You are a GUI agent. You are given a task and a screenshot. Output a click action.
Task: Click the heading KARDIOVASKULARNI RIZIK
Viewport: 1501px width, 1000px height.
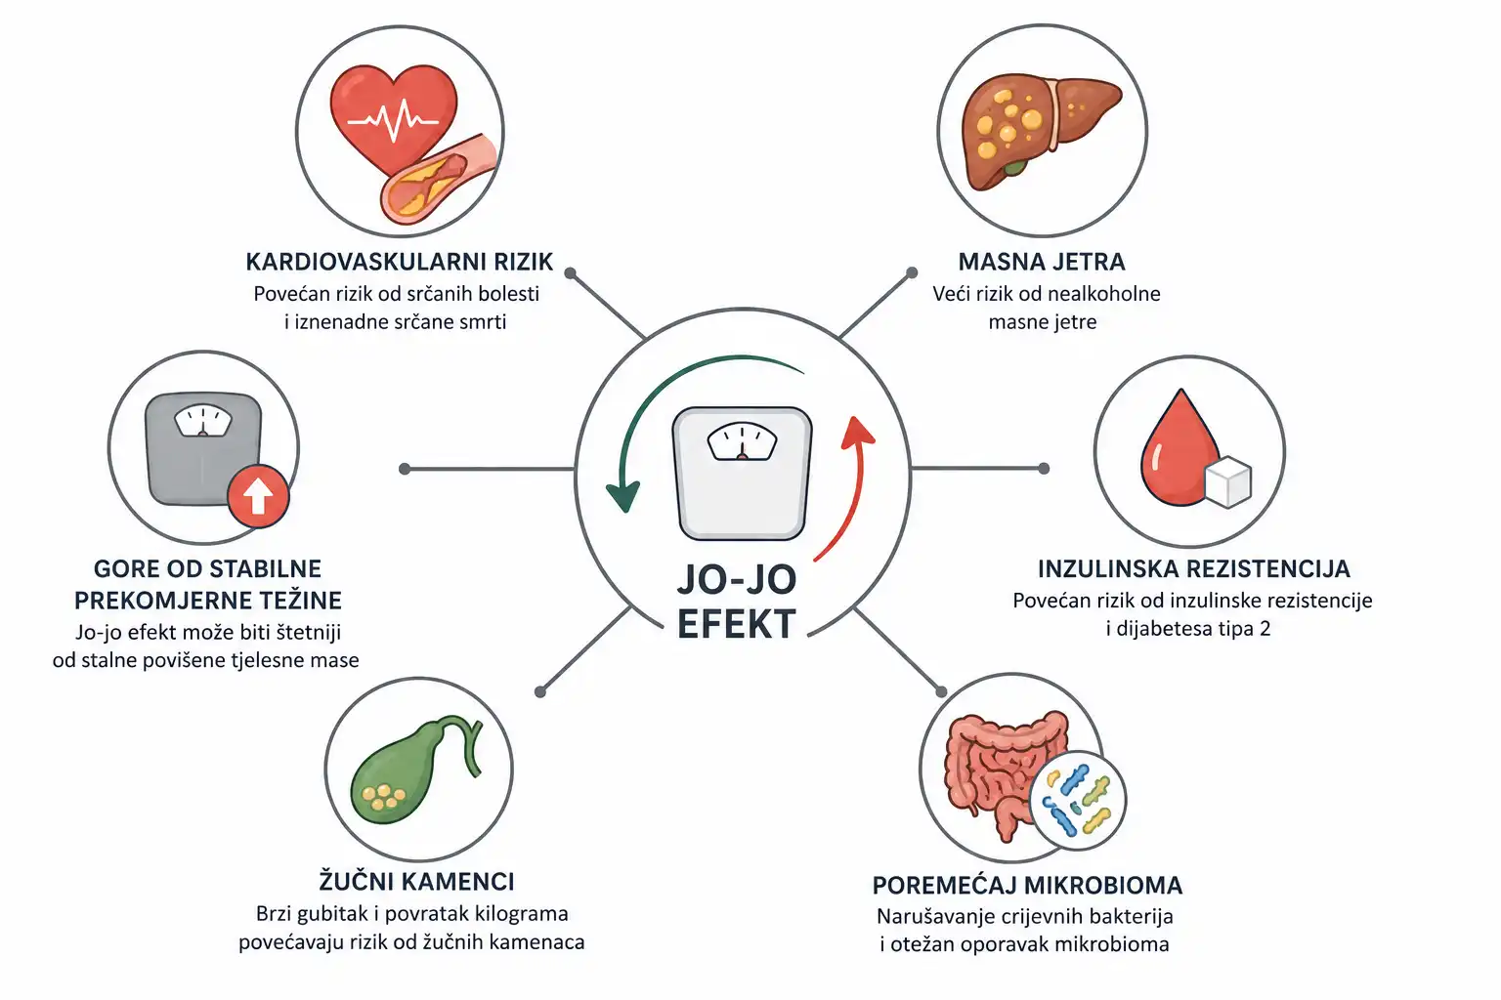click(x=400, y=262)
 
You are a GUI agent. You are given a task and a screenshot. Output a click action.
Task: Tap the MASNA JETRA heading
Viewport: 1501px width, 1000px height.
click(x=1042, y=262)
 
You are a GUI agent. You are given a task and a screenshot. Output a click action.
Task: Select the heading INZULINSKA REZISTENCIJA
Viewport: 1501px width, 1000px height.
click(x=1193, y=568)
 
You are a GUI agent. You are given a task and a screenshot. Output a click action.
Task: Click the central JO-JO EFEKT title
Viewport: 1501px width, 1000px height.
click(x=737, y=602)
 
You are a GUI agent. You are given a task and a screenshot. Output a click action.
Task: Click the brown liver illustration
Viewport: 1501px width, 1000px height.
click(x=1040, y=129)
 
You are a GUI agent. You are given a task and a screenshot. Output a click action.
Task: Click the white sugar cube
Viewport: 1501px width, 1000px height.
click(x=1227, y=481)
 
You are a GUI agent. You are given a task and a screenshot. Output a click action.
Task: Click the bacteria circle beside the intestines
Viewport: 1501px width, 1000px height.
click(x=1079, y=801)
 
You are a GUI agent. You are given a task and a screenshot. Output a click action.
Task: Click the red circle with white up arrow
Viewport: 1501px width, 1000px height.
click(x=258, y=497)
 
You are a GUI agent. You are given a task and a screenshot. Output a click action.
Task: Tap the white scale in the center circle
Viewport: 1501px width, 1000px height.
click(x=742, y=473)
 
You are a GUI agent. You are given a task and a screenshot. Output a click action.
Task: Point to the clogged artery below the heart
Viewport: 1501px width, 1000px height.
click(x=437, y=180)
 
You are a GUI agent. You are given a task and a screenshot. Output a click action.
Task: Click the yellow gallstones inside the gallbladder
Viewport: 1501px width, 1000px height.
click(x=383, y=796)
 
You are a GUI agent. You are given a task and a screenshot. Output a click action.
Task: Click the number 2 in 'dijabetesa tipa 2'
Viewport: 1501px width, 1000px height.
click(x=1265, y=628)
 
